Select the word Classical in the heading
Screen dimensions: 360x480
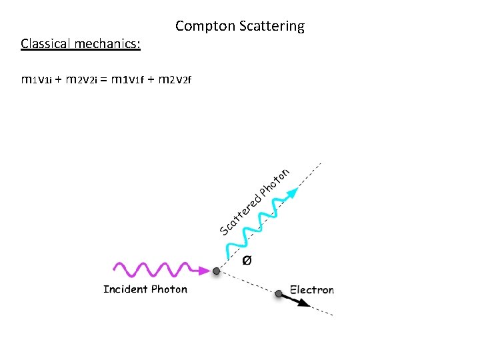click(x=46, y=44)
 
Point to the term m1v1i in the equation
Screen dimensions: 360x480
click(x=37, y=81)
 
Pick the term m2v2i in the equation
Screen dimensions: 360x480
click(x=83, y=81)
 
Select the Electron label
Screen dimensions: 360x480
click(x=312, y=290)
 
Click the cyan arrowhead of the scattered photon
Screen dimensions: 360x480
click(x=293, y=193)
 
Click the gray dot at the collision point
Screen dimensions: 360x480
click(x=216, y=271)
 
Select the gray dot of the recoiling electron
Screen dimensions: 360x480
click(x=278, y=293)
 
